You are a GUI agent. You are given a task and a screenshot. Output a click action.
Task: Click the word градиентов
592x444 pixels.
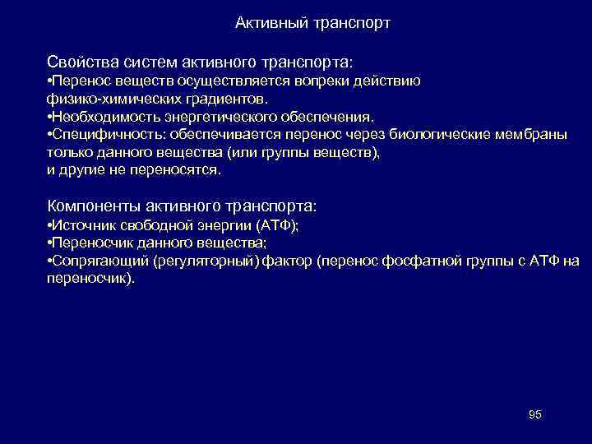(229, 99)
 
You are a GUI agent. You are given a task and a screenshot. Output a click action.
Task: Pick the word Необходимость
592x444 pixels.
(101, 117)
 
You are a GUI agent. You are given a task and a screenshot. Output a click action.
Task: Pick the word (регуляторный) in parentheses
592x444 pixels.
(206, 261)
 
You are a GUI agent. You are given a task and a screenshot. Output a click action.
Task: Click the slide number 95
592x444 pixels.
(534, 414)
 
